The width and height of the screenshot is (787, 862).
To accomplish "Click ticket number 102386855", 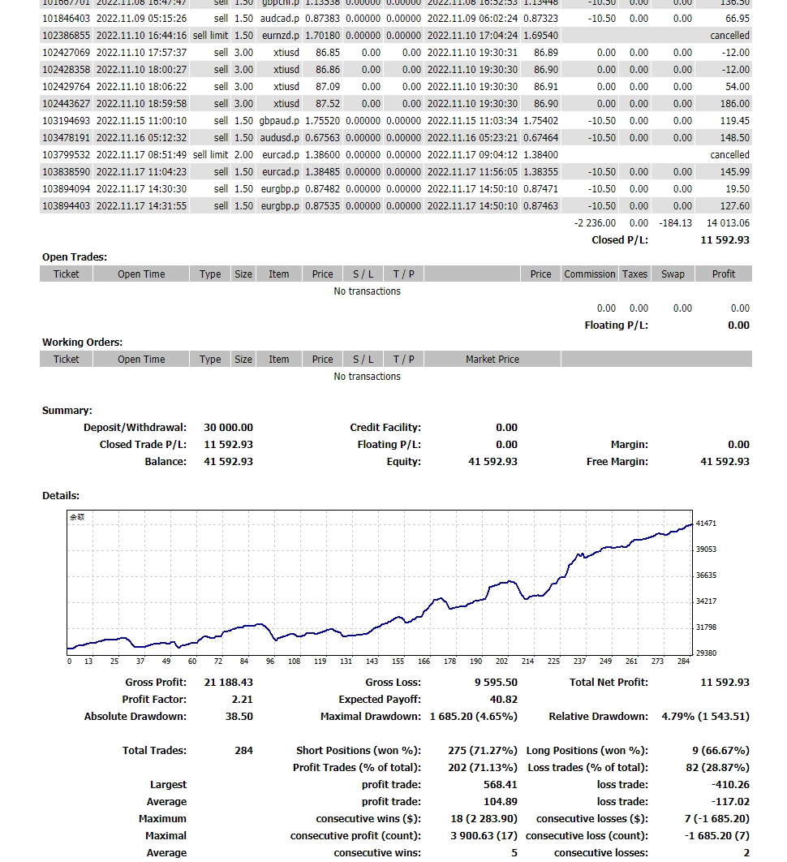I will point(67,36).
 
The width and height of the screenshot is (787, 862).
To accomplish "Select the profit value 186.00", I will point(734,104).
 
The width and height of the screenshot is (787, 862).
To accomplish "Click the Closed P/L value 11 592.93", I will point(725,240).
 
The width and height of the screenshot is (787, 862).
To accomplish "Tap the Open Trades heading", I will point(75,257).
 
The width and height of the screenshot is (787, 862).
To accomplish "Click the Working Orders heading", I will point(82,343).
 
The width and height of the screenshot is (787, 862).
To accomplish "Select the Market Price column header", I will point(492,360).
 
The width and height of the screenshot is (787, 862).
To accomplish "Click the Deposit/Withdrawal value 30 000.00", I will point(228,428).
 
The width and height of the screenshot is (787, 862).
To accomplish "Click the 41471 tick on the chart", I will point(706,524).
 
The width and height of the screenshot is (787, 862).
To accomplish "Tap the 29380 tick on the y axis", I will point(706,653).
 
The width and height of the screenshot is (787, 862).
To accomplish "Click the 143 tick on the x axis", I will point(372,662).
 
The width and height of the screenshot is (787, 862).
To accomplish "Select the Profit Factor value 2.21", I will point(242,700).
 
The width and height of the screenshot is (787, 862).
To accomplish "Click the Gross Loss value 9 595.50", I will point(496,683).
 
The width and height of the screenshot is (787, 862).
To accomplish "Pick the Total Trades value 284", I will point(243,751).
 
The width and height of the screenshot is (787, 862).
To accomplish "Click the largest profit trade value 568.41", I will point(500,785).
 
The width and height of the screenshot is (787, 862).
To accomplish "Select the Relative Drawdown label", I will point(598,717).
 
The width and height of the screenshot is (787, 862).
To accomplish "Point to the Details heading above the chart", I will point(61,496).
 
